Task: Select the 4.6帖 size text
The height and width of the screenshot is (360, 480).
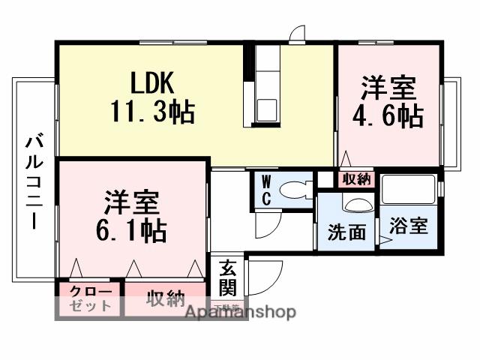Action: [x=388, y=117]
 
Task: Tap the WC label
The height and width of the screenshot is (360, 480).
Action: [x=266, y=190]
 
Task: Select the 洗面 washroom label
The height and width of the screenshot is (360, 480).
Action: [x=346, y=232]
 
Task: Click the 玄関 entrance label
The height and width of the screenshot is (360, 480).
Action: [x=228, y=277]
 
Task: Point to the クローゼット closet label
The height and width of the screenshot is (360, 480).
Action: [x=91, y=298]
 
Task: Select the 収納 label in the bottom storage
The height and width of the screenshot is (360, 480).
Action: [x=166, y=299]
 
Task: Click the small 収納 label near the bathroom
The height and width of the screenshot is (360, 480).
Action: [x=356, y=179]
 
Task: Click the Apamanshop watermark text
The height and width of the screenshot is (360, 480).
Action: [x=240, y=312]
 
